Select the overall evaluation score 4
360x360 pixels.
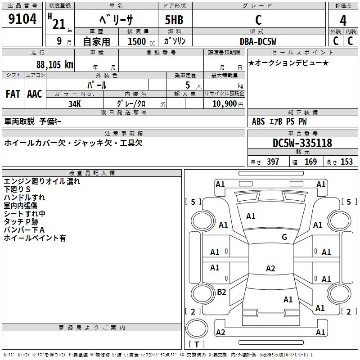click(343, 21)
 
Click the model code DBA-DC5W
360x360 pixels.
click(258, 41)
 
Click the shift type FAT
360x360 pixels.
click(13, 94)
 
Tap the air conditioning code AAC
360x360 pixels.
click(35, 94)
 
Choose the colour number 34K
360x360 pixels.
click(74, 103)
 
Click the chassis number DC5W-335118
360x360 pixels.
click(302, 143)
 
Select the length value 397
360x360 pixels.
click(273, 162)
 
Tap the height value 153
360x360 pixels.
click(346, 162)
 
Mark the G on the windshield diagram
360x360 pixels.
click(284, 237)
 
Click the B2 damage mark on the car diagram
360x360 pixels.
click(221, 292)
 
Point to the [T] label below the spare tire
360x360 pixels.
click(196, 345)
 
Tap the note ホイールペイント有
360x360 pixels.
click(35, 238)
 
